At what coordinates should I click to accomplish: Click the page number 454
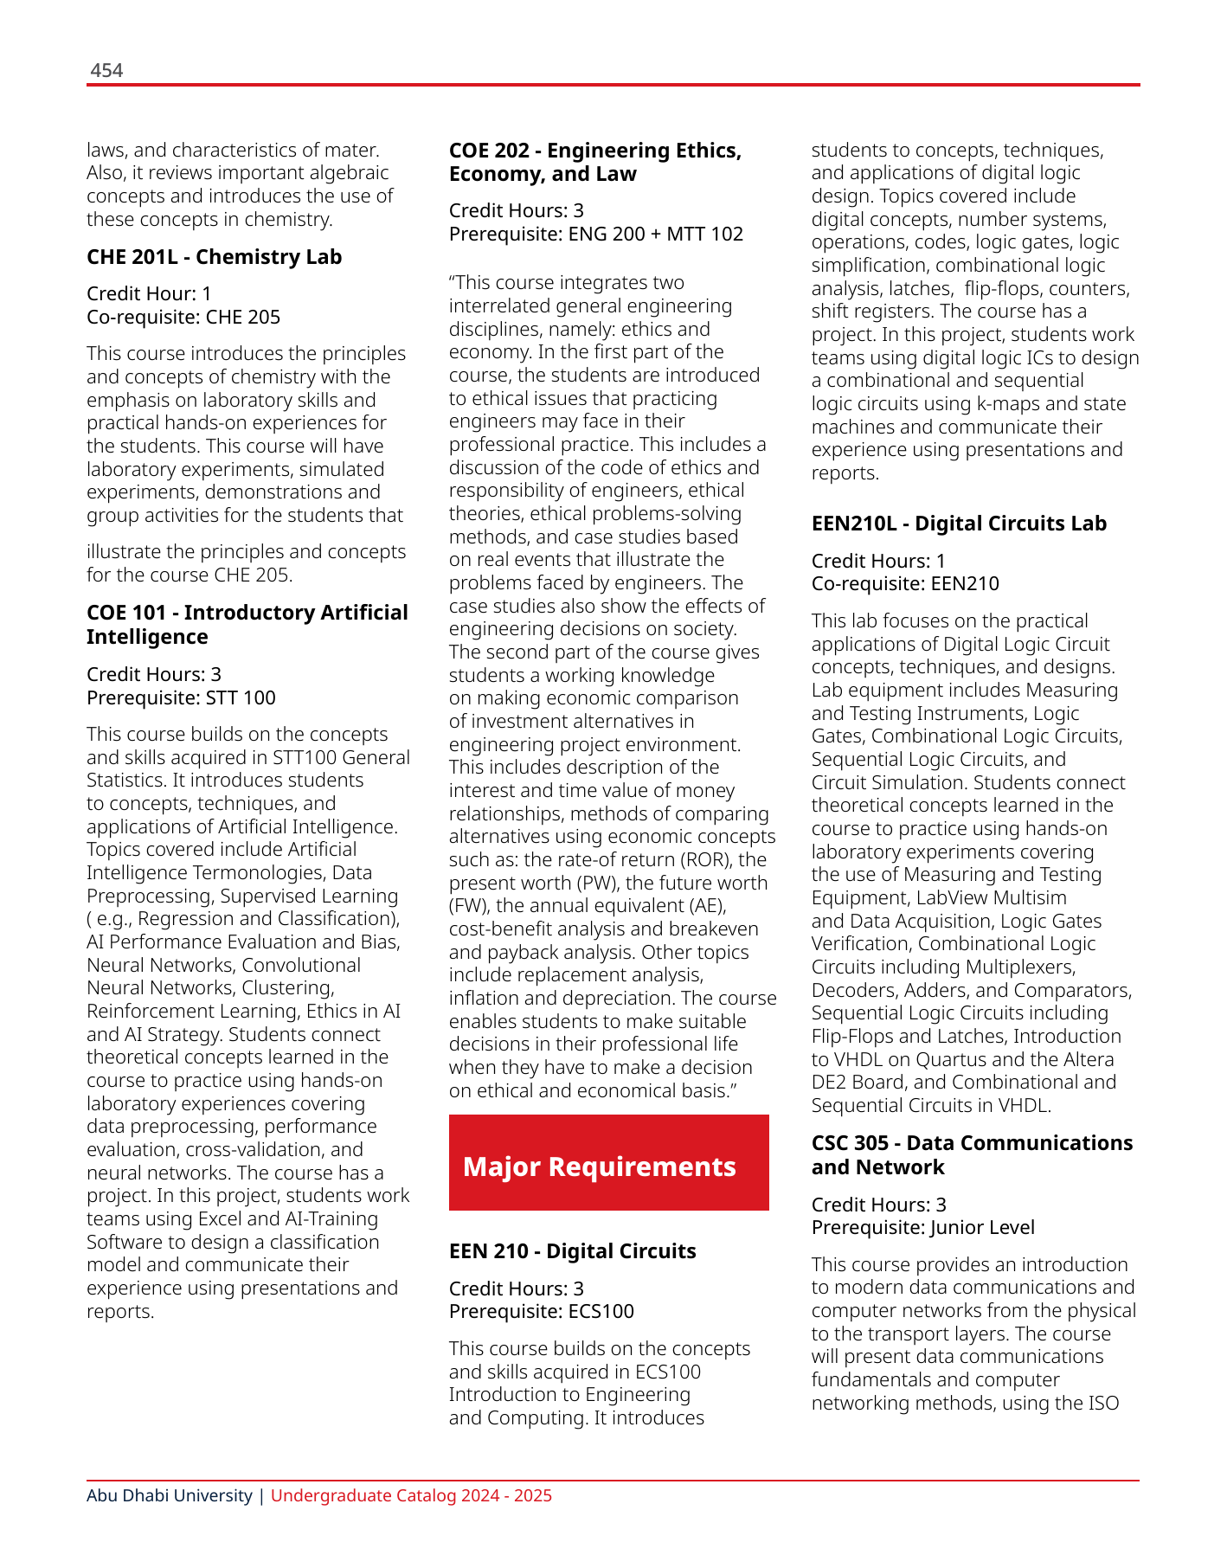(106, 71)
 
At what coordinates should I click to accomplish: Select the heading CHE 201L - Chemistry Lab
(214, 257)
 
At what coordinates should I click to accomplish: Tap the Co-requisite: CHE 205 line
(183, 318)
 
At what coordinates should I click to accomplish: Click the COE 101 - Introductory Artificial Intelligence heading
(247, 624)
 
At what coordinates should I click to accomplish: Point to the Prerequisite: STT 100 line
(181, 697)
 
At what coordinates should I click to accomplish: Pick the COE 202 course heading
(594, 162)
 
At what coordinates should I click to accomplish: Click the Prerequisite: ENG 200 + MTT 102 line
(595, 235)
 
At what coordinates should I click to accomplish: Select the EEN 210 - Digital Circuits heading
(572, 1251)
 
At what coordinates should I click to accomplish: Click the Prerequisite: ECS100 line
(541, 1311)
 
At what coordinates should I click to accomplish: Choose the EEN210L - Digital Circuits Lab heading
(959, 524)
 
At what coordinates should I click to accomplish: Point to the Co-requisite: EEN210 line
(904, 584)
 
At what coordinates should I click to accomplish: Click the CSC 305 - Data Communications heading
(971, 1154)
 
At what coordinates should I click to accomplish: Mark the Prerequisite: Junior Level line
(922, 1228)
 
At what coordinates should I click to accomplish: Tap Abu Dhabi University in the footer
(169, 1495)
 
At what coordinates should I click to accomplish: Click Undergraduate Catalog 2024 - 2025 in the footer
(411, 1495)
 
